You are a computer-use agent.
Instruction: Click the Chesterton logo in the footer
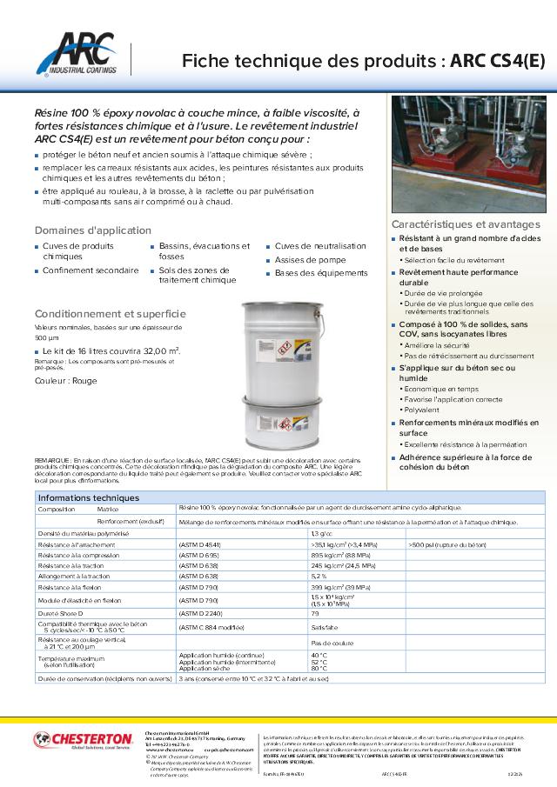coord(83,740)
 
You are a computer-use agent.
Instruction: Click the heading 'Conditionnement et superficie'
coord(111,313)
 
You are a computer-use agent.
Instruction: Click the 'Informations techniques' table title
coord(89,497)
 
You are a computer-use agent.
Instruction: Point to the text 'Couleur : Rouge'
coord(66,381)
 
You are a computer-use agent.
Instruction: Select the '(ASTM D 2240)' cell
coord(198,612)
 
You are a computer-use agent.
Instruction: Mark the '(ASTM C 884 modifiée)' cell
coord(211,626)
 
